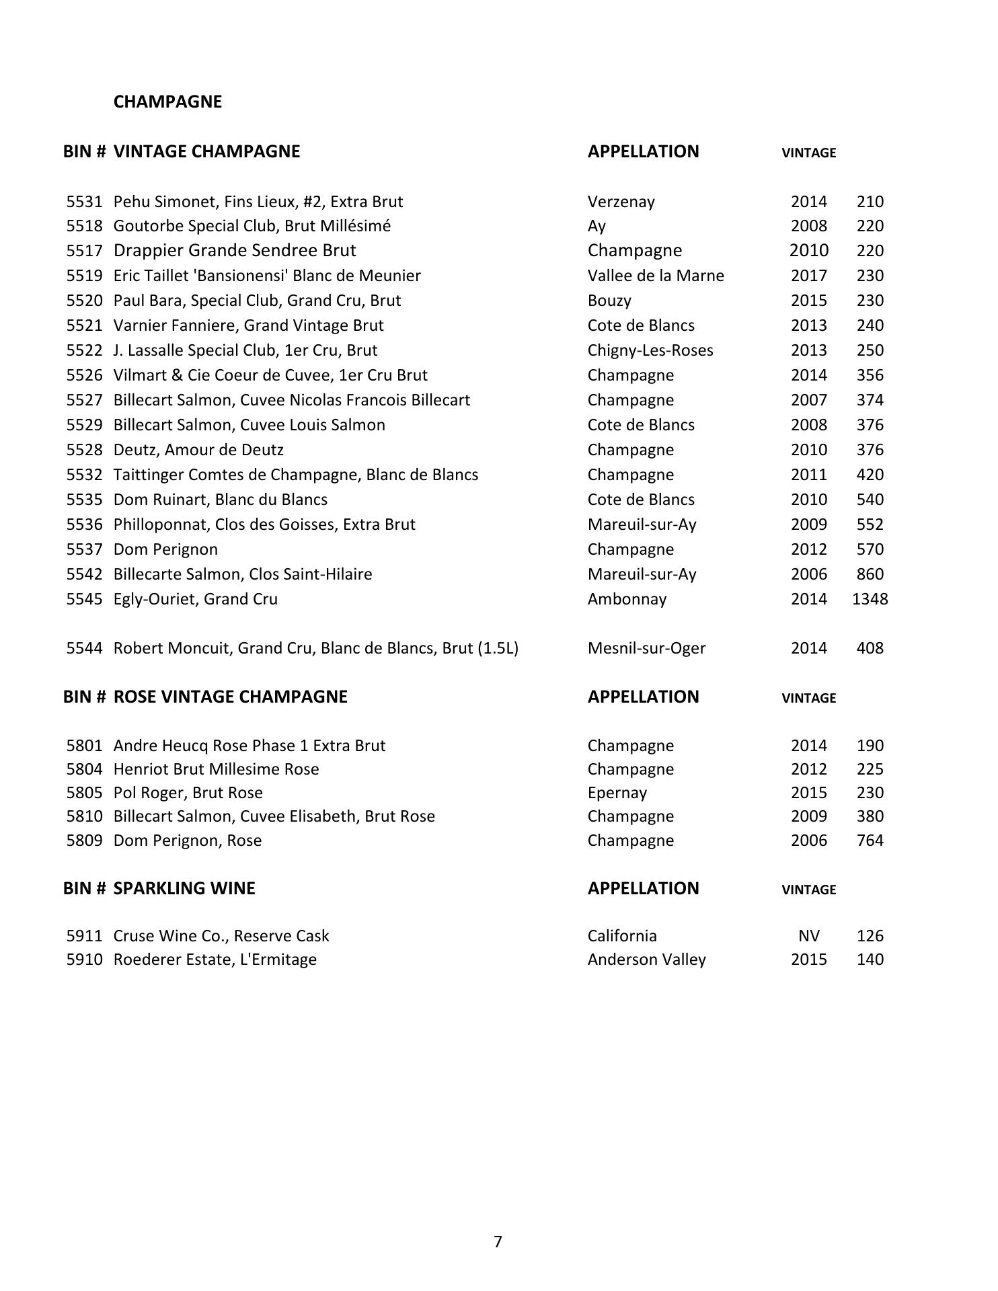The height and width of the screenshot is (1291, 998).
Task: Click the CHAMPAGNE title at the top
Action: pos(167,102)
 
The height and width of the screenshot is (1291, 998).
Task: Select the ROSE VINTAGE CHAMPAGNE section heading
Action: pos(230,697)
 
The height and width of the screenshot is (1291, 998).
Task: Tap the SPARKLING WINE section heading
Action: pos(184,888)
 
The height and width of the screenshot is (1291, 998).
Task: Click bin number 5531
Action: pos(84,202)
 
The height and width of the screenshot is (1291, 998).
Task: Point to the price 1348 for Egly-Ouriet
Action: pos(870,599)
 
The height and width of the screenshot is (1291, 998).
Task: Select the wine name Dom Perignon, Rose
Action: pos(187,840)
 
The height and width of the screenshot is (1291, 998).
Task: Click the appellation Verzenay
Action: pos(621,202)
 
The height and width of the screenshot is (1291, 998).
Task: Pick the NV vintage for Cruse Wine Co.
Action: pos(808,936)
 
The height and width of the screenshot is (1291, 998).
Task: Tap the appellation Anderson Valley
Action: pos(646,960)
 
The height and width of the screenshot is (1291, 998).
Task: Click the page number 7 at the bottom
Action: pos(498,1242)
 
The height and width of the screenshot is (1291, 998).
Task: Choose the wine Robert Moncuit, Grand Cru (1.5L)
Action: pos(315,648)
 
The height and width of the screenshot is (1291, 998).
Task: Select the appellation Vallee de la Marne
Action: pos(656,276)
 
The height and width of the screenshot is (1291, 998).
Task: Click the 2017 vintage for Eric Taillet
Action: pos(808,276)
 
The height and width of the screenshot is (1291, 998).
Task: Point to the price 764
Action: pos(870,840)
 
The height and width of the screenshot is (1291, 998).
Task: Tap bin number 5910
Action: pos(84,960)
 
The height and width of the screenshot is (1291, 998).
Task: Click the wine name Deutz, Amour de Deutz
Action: pos(198,450)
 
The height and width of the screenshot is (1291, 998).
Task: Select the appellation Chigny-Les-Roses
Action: pos(650,350)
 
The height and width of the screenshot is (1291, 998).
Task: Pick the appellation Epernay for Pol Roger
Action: pos(617,793)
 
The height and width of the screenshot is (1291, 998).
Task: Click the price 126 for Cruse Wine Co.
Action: pos(870,936)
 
